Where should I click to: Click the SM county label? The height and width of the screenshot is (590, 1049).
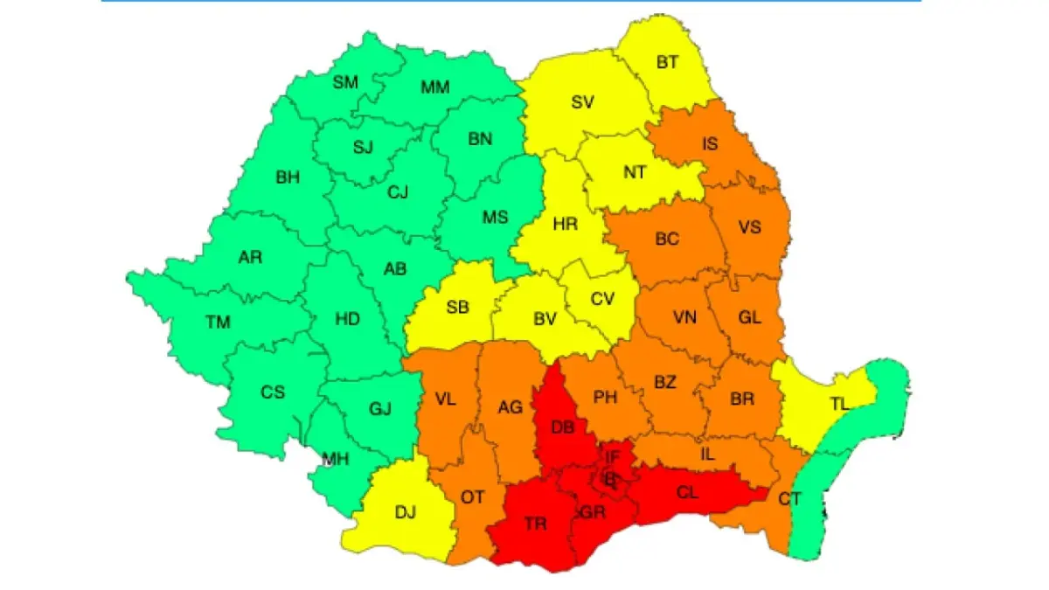click(345, 83)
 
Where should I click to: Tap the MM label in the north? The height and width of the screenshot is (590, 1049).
click(435, 87)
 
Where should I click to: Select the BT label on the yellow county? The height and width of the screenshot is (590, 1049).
click(668, 62)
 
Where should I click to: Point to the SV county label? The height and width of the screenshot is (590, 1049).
click(583, 102)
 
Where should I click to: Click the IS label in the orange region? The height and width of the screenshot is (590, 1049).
click(710, 143)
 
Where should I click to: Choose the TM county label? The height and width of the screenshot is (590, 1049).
click(218, 323)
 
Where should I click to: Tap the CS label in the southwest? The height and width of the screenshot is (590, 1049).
click(273, 392)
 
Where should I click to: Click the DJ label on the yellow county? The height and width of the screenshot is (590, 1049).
click(406, 513)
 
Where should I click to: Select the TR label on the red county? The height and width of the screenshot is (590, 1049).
click(536, 524)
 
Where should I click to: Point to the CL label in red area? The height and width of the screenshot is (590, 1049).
click(688, 492)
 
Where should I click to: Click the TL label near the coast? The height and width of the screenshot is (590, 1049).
click(840, 404)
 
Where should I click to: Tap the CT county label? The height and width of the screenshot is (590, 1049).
click(789, 498)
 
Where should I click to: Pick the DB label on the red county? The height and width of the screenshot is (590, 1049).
click(563, 427)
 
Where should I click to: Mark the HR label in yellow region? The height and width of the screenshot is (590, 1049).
click(566, 225)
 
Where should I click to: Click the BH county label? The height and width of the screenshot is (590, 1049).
click(288, 177)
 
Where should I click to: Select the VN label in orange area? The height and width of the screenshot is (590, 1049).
click(684, 318)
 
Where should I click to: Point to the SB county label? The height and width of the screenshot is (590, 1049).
click(457, 308)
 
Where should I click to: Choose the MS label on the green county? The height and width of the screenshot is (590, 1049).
click(495, 217)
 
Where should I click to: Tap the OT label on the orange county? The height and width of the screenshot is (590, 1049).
click(473, 496)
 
